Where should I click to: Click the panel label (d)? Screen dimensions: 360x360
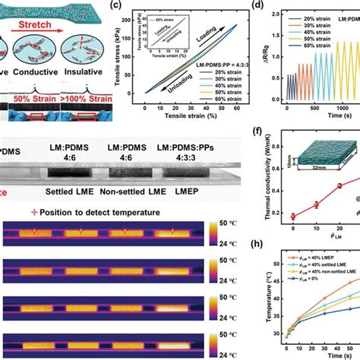click(x=267, y=7)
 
